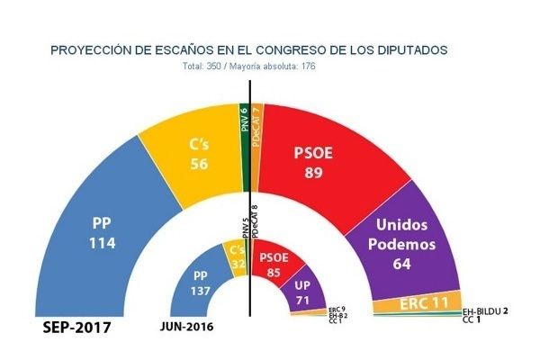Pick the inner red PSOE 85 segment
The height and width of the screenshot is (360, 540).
click(x=271, y=262)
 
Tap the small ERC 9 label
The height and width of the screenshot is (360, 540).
click(x=338, y=309)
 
